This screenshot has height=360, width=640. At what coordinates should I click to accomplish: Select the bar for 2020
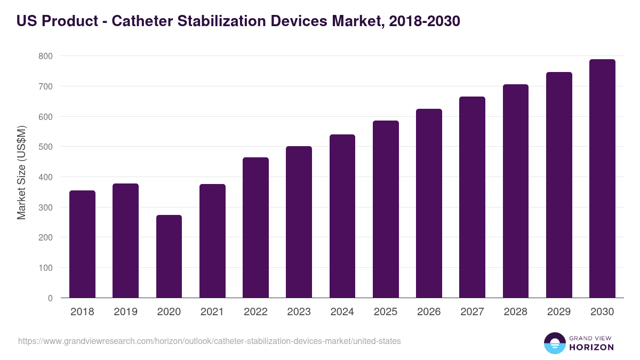tap(169, 257)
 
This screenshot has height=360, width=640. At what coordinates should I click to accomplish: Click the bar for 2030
tap(602, 179)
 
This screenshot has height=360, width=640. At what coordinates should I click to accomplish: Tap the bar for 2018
tap(82, 244)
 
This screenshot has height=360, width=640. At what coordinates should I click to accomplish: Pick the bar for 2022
tap(255, 228)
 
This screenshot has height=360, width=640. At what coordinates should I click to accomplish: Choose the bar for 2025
tap(386, 209)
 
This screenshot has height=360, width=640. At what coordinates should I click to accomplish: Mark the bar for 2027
tap(472, 197)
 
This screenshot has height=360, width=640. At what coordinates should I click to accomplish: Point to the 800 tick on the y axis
tap(45, 56)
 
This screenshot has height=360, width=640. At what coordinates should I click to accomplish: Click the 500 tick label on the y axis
tap(45, 147)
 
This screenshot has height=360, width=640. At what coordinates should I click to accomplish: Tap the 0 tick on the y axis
tap(50, 298)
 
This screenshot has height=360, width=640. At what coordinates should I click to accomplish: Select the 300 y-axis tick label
tap(45, 207)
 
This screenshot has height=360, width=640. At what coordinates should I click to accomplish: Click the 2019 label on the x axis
tap(125, 312)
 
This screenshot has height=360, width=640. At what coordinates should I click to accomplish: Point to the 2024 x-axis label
tap(342, 312)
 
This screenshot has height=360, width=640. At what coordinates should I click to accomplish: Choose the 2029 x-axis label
tap(559, 312)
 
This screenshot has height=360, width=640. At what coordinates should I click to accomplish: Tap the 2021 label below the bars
tap(212, 312)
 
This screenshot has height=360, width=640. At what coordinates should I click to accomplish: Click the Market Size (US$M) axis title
tap(21, 173)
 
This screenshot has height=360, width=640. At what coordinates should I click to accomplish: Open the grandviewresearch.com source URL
tap(209, 341)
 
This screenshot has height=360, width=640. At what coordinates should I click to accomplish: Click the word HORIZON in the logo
tap(591, 347)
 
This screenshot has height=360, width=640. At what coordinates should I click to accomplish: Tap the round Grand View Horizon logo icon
tap(554, 343)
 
